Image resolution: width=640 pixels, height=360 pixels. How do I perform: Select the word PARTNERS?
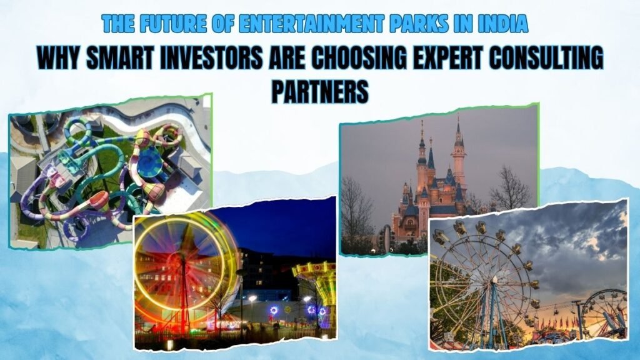(319, 91)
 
